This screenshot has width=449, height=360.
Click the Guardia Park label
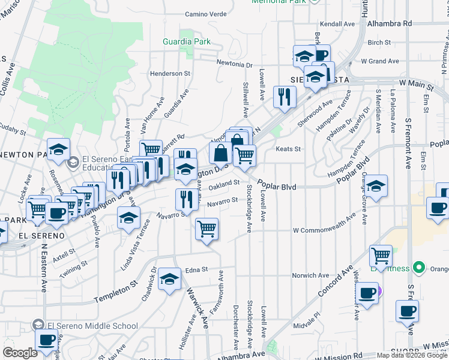[x=187, y=41]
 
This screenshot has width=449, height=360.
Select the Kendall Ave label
[x=337, y=24]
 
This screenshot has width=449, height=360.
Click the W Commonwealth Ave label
[x=328, y=230]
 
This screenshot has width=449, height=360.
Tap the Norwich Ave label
[x=310, y=275]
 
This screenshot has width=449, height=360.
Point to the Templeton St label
[x=116, y=295]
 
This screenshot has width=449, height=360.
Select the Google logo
[x=20, y=353]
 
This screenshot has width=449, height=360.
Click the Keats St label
[x=288, y=149]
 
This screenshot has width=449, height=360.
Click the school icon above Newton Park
[x=58, y=149]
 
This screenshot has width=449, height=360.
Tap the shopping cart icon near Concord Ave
[x=381, y=256]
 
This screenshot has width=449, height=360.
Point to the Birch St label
[x=379, y=43]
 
